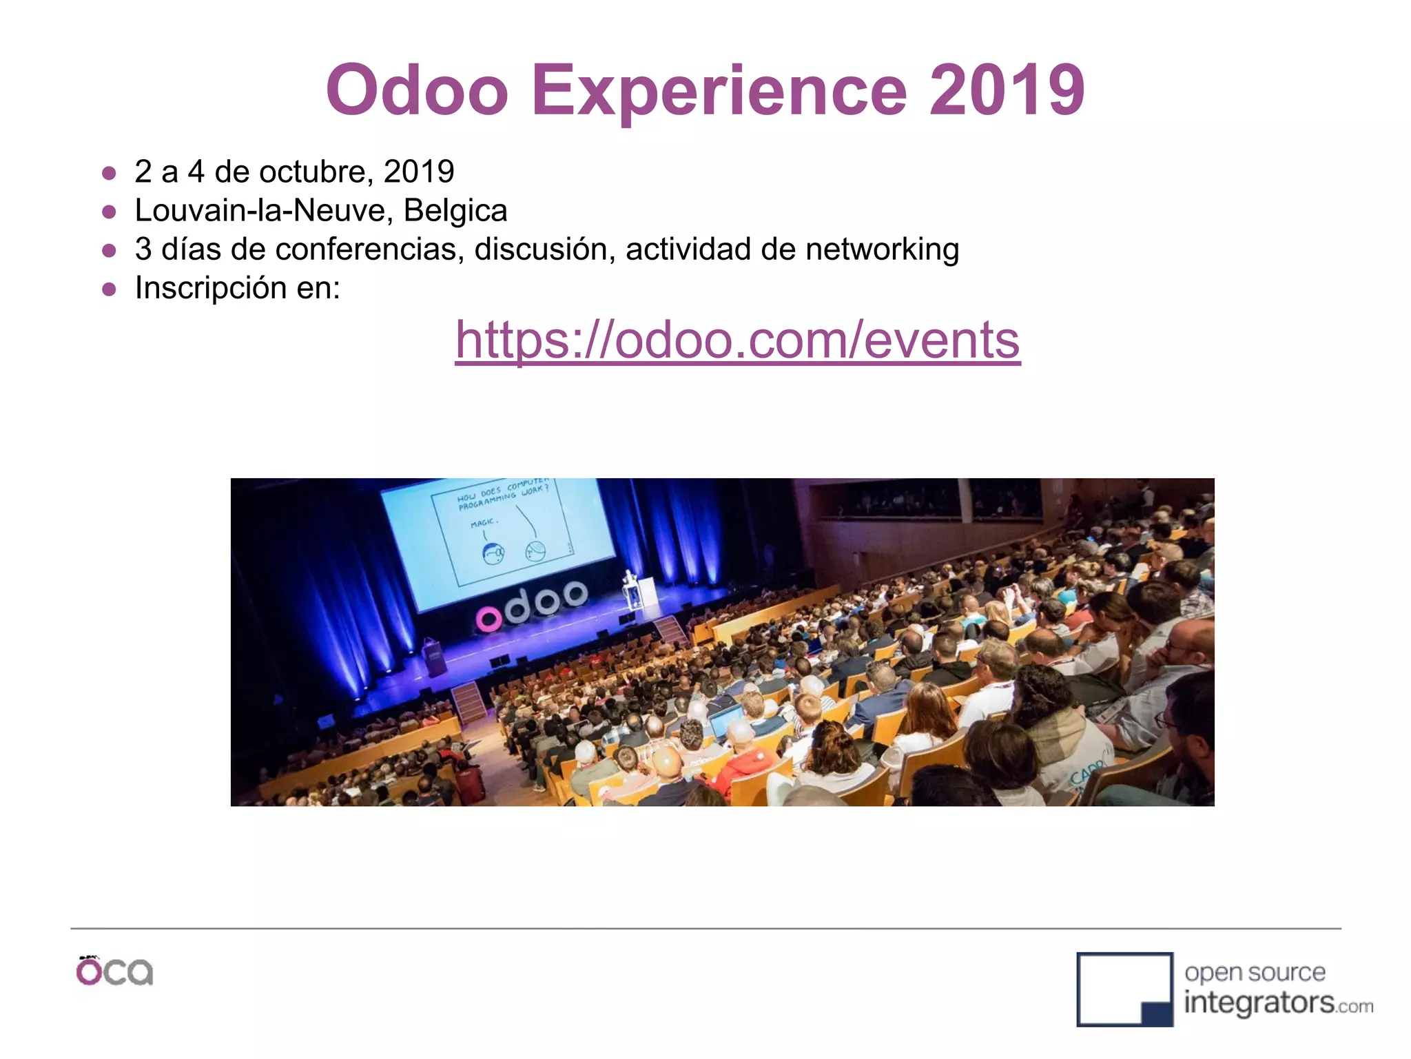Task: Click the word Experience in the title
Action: coord(719,90)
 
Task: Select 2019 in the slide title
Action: coord(1007,90)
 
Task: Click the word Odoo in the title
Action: coord(418,90)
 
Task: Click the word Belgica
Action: coord(455,210)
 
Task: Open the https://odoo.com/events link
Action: coord(737,340)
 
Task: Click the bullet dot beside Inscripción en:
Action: coord(109,289)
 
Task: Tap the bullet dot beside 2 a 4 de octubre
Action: coord(109,173)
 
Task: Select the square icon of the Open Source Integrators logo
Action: coord(1124,989)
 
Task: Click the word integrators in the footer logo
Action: coord(1258,1003)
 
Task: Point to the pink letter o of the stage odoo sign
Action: coord(489,619)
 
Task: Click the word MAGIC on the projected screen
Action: coord(484,524)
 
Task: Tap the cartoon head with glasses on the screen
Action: coord(493,553)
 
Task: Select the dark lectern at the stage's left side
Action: coord(435,656)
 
